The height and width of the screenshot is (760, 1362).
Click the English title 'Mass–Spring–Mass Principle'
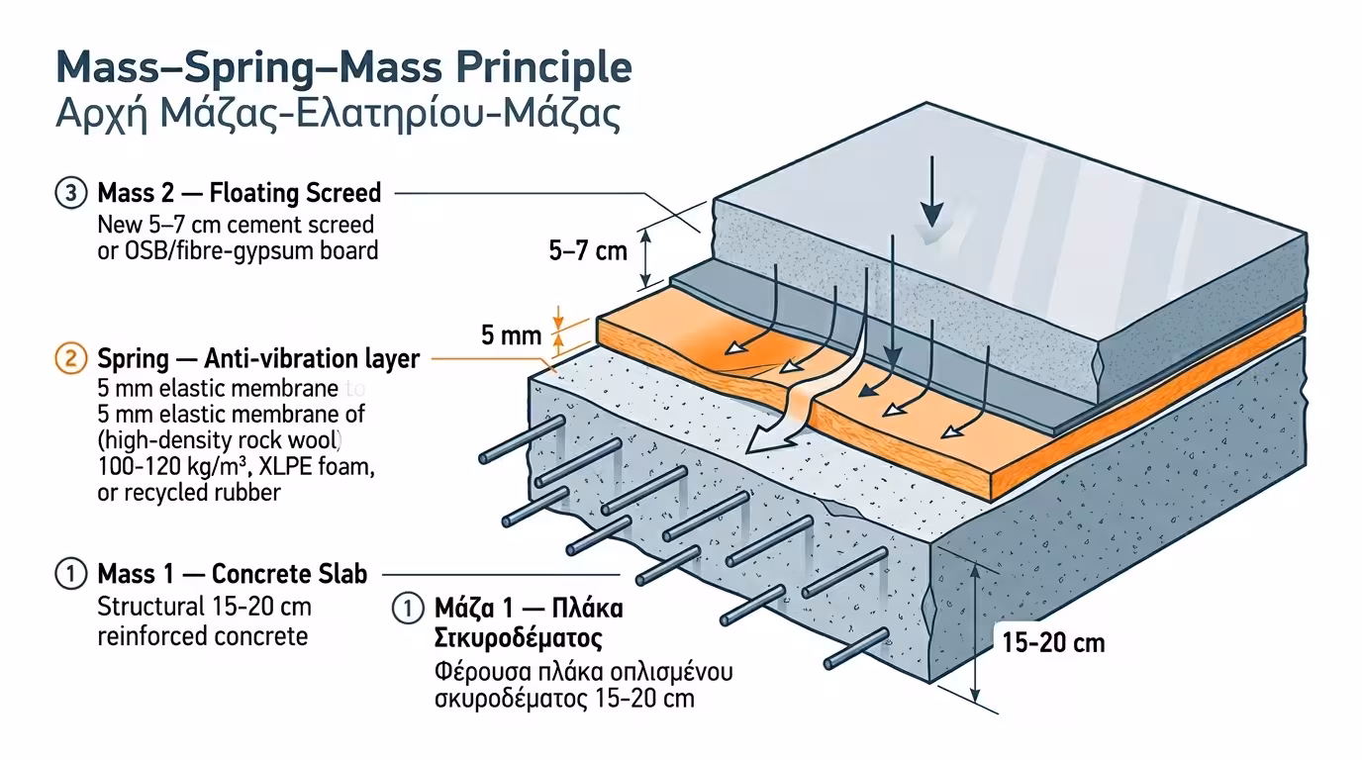343,67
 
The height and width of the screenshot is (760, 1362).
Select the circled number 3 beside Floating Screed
70,192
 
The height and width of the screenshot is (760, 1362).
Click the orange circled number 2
70,358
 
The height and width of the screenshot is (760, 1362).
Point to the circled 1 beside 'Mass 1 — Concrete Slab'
70,574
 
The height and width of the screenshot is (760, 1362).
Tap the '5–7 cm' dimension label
588,250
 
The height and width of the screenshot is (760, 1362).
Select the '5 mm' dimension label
511,335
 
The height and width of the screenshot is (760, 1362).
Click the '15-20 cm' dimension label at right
1052,643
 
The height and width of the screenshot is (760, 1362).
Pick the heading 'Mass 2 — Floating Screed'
239,192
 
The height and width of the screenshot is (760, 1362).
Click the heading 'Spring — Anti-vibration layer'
258,358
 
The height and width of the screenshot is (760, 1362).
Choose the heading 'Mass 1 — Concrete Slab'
233,574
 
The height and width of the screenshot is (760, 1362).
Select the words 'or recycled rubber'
189,492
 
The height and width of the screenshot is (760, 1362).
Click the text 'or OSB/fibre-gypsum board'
238,250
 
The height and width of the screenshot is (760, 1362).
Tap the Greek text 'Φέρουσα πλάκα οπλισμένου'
583,673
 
